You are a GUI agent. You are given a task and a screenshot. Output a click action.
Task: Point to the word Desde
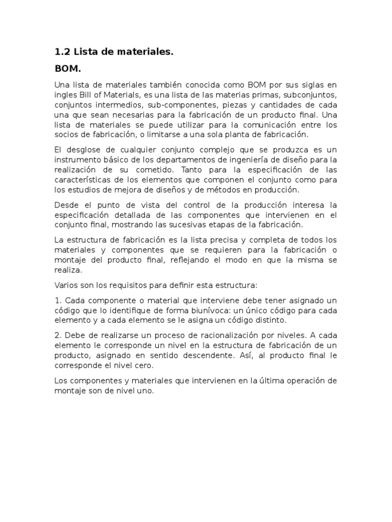pos(66,205)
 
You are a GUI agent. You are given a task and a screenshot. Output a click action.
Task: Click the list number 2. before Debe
pos(58,336)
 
